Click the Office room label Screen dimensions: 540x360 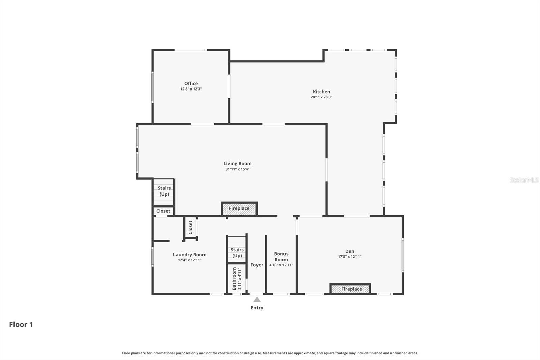point(191,83)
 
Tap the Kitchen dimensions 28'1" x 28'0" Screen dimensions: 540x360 point(321,97)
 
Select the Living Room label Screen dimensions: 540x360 point(238,163)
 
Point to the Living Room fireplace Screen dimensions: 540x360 point(239,209)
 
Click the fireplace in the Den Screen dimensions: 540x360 point(350,289)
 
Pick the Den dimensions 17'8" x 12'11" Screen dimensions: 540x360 point(350,257)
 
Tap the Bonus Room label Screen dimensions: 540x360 point(281,257)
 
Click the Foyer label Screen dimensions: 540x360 point(257,265)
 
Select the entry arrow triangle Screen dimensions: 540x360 point(257,300)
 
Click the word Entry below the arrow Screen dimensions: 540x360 point(257,308)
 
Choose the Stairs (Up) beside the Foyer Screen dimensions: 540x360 point(237,253)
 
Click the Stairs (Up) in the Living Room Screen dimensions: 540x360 point(164,191)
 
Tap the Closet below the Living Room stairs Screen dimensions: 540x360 point(163,211)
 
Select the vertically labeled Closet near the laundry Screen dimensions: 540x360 point(190,227)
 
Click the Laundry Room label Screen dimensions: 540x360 point(190,255)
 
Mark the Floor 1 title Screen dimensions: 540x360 point(21,324)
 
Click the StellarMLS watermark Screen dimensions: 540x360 point(524,180)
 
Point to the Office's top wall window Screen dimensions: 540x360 point(191,50)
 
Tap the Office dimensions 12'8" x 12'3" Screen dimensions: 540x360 point(191,89)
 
